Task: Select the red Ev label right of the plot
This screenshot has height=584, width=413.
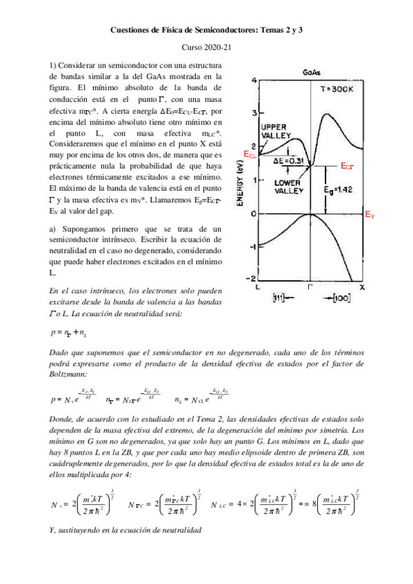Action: (370, 215)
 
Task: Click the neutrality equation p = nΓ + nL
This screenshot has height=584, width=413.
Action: (69, 333)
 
